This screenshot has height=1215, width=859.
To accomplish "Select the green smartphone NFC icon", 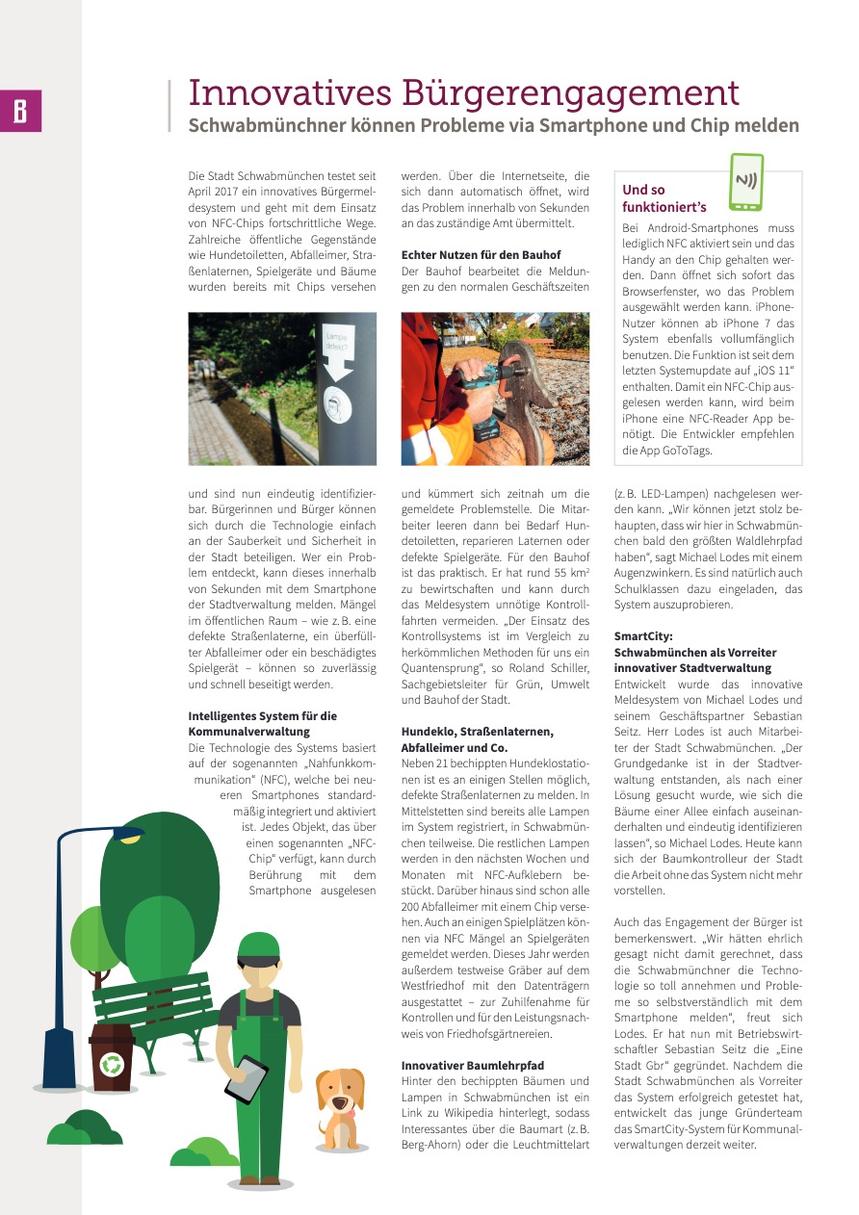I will pyautogui.click(x=746, y=182).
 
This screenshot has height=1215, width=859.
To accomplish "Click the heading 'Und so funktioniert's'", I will pyautogui.click(x=664, y=198).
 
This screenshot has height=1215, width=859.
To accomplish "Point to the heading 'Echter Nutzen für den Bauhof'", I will pyautogui.click(x=481, y=254).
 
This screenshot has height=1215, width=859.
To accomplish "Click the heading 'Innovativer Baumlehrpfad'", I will pyautogui.click(x=473, y=1065).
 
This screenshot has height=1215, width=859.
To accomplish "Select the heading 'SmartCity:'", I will pyautogui.click(x=643, y=636).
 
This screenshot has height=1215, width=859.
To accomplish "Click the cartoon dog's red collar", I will pyautogui.click(x=340, y=1116).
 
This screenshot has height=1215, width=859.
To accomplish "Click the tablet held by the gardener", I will pyautogui.click(x=246, y=1078).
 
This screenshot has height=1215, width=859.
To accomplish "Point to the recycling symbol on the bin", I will pyautogui.click(x=112, y=1064).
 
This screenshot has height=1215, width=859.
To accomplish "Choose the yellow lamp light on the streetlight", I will pyautogui.click(x=129, y=838).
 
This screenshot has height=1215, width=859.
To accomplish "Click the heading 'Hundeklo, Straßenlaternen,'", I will pyautogui.click(x=477, y=732).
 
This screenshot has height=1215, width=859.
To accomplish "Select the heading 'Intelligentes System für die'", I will pyautogui.click(x=263, y=716).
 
